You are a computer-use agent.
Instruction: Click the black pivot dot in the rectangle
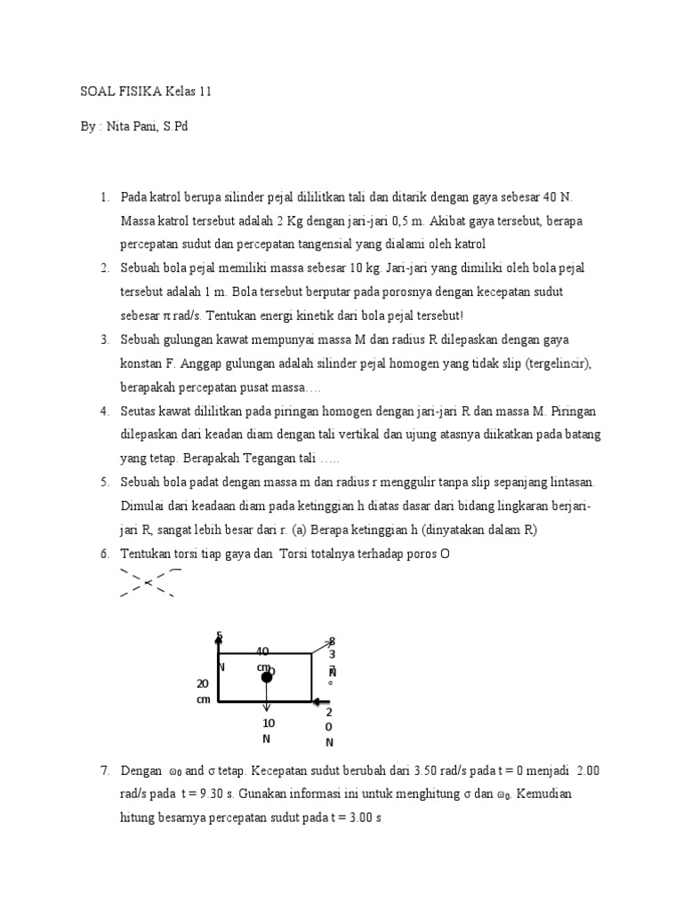pyautogui.click(x=266, y=678)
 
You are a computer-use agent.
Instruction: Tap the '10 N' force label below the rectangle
pyautogui.click(x=268, y=730)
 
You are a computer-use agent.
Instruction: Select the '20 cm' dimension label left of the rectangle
pyautogui.click(x=203, y=690)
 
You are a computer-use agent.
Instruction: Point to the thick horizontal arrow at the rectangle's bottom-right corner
pyautogui.click(x=320, y=701)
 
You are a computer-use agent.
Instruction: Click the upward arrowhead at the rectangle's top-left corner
pyautogui.click(x=219, y=636)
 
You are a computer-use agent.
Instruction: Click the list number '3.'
pyautogui.click(x=104, y=339)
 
